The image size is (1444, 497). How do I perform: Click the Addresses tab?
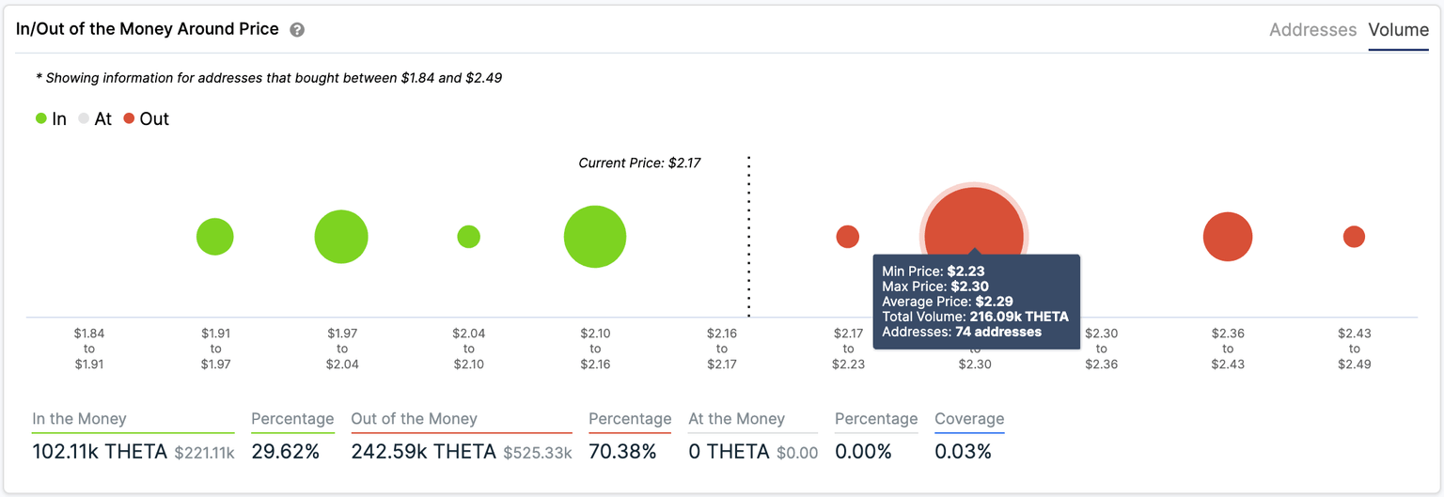point(1312,30)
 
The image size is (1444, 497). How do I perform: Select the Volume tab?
point(1398,30)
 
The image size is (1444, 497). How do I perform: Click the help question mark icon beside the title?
point(297,30)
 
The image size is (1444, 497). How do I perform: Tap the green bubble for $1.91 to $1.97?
point(215,237)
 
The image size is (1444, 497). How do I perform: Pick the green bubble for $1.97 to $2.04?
point(341,237)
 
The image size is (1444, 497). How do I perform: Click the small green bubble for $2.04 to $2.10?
point(469,237)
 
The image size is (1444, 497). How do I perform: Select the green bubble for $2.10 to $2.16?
point(595,237)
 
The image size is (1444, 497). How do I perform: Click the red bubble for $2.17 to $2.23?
point(847,237)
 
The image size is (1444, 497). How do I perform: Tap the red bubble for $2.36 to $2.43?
point(1228,237)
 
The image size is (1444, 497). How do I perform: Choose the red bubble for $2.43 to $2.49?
point(1354,237)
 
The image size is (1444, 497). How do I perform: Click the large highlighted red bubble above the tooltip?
point(974,221)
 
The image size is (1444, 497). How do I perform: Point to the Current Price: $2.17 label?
point(639,163)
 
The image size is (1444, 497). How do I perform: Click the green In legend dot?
point(41,119)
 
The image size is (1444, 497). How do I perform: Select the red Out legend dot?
point(129,119)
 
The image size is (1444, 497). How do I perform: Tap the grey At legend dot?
point(84,119)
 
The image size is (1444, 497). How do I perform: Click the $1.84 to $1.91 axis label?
point(90,349)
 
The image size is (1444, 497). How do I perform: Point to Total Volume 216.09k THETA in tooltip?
point(975,317)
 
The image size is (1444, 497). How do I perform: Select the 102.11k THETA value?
point(100,452)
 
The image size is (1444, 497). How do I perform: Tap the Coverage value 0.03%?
point(963,452)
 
